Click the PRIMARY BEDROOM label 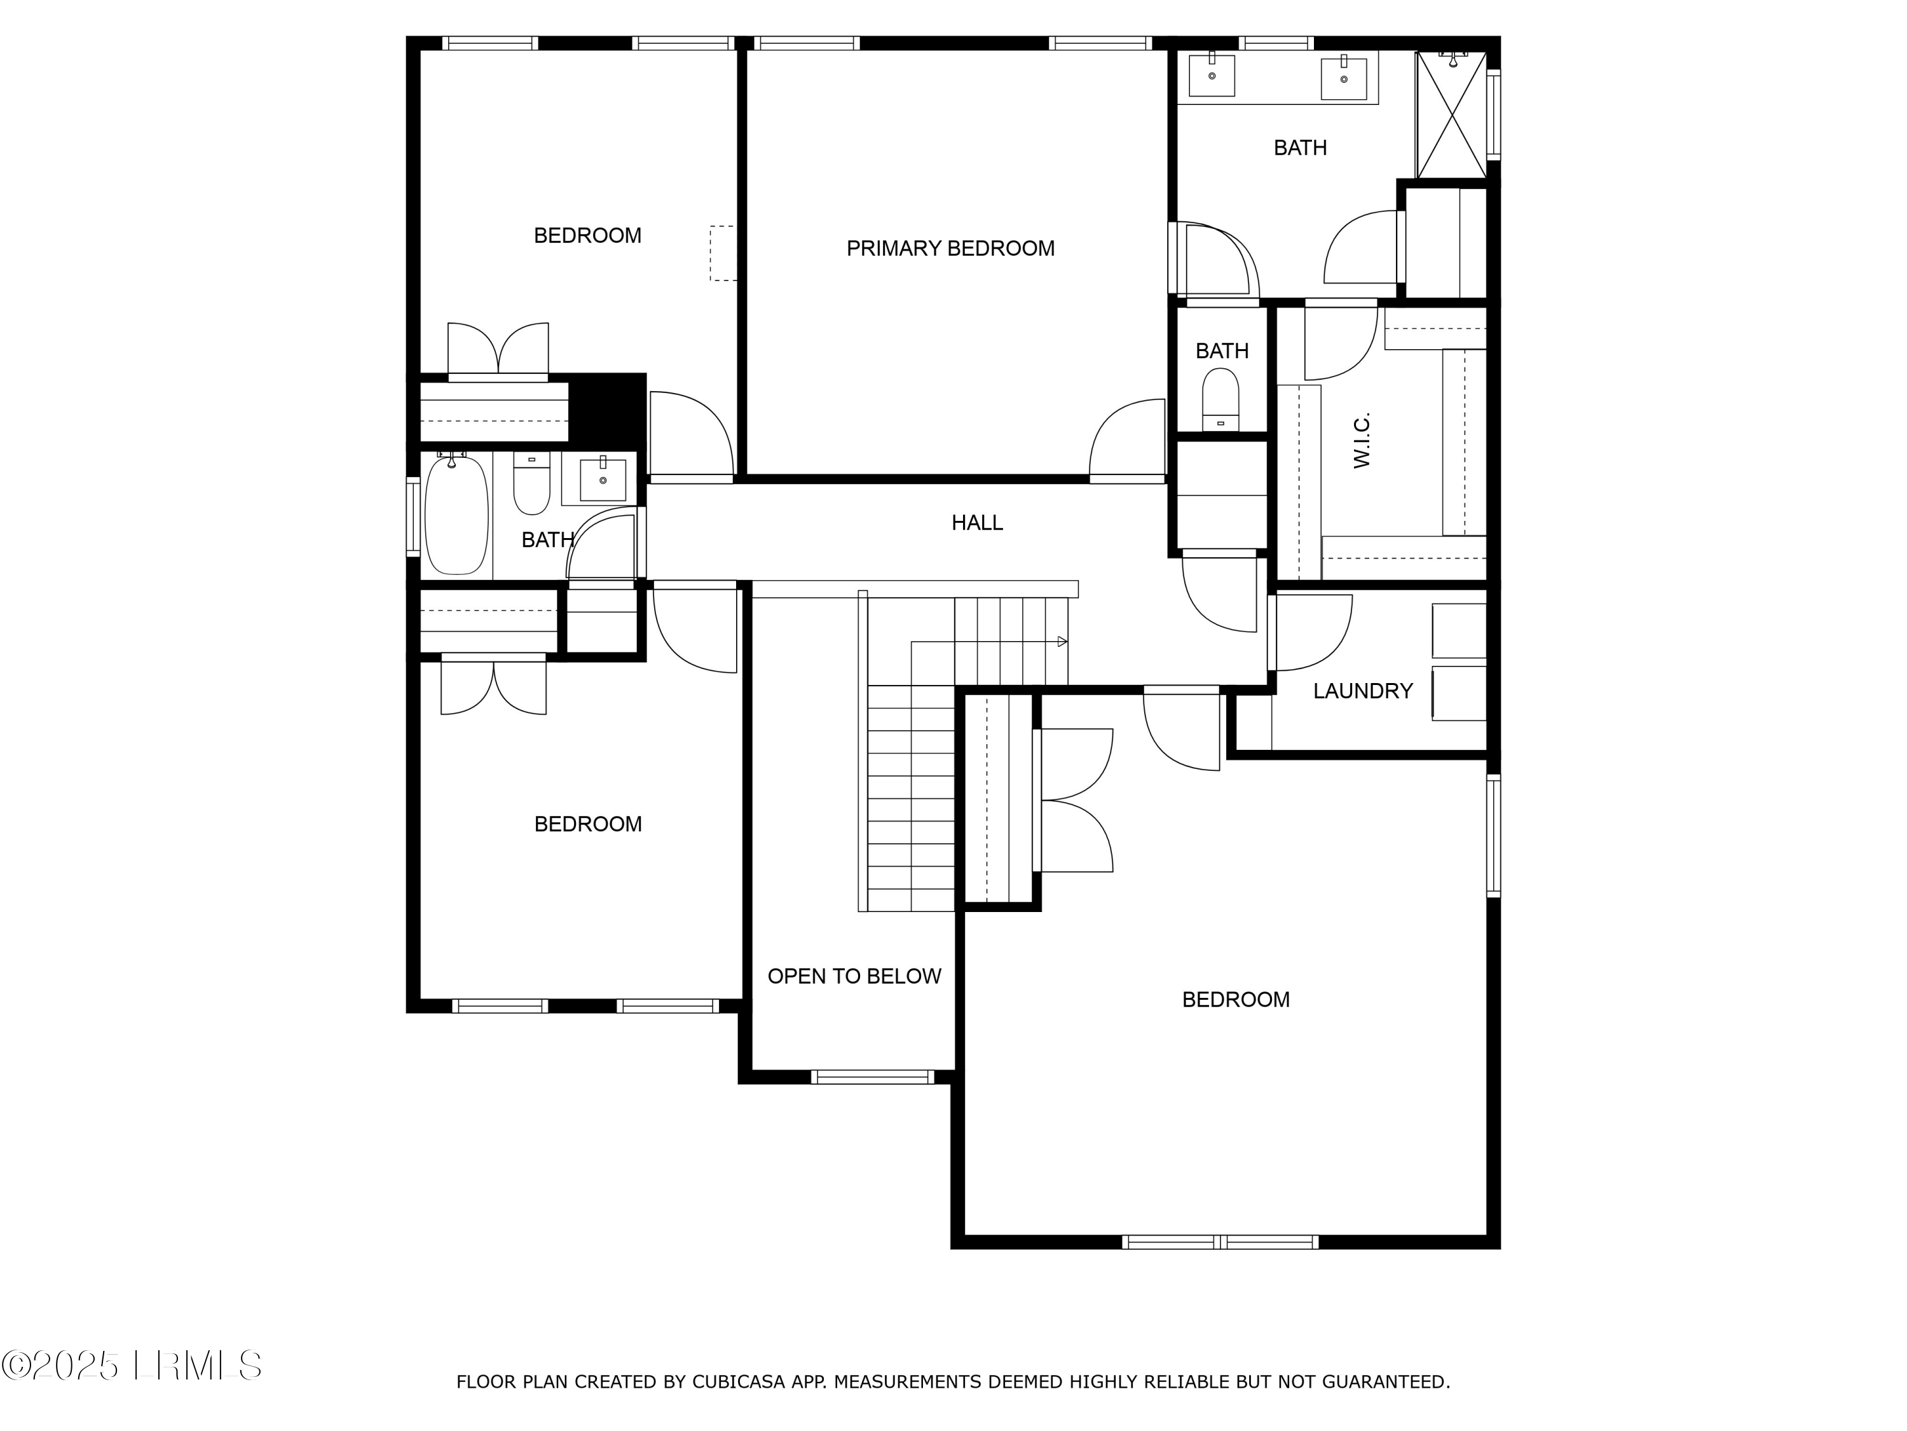[x=950, y=249]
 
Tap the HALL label [x=977, y=523]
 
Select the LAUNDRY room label [x=1362, y=691]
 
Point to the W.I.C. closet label [x=1362, y=440]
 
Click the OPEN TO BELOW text [x=854, y=976]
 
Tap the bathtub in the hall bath [x=456, y=515]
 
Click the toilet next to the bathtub [x=531, y=484]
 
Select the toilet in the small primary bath [x=1220, y=399]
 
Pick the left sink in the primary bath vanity [x=1212, y=75]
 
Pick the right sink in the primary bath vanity [x=1343, y=78]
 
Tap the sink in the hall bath [x=603, y=480]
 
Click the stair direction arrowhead [x=1062, y=642]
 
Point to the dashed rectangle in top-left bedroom [x=723, y=252]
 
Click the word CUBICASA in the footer [x=738, y=1382]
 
